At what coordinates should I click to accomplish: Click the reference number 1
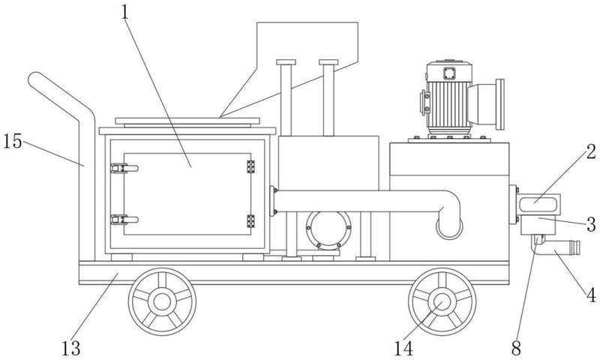[124, 12]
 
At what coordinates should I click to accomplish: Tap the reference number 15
[13, 141]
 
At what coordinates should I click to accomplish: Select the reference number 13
[70, 348]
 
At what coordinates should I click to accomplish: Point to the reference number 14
[403, 348]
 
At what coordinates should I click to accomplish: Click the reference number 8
[516, 348]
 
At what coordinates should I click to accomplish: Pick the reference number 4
[592, 295]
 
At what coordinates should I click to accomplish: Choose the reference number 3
[592, 224]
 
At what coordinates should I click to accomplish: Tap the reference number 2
[592, 152]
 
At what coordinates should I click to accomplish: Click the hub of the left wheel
[162, 301]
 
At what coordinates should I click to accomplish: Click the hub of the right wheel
[442, 301]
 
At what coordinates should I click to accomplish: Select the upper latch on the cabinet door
[124, 168]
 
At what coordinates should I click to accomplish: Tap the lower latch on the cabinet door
[124, 220]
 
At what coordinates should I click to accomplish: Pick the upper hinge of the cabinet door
[250, 166]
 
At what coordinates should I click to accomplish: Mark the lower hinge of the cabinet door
[250, 221]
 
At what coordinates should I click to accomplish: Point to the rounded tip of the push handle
[34, 78]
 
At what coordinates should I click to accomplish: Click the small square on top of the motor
[449, 73]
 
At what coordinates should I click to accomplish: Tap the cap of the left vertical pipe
[286, 62]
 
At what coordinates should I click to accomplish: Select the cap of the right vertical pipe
[328, 62]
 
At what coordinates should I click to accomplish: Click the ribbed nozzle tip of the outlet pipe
[574, 247]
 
